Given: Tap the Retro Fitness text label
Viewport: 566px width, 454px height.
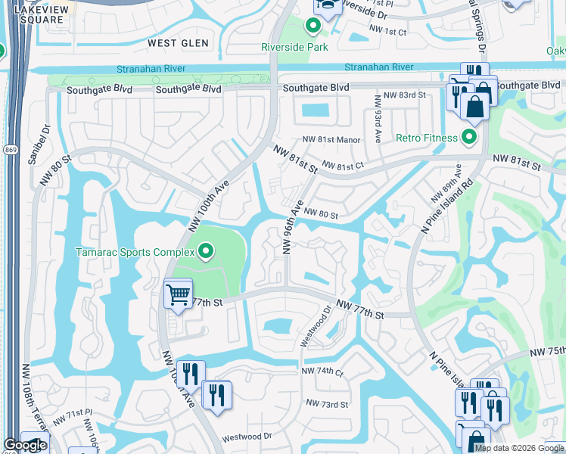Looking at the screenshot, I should point(428,138).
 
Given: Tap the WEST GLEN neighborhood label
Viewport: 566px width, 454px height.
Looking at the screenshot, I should point(178,44).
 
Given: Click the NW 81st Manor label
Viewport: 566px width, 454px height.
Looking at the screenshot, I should point(331,140).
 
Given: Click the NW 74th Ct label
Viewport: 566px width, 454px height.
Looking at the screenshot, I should point(322,372).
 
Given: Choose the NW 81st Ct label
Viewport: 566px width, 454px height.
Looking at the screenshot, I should point(343,165).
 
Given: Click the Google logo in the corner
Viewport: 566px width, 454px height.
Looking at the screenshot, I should point(25,445).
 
